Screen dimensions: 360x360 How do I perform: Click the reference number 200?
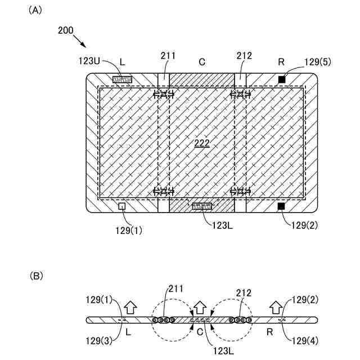coord(65,31)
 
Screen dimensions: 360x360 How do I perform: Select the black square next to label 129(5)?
coord(282,79)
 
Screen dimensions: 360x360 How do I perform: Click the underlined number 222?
coord(201,143)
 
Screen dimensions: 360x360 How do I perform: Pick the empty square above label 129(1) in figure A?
coord(121,206)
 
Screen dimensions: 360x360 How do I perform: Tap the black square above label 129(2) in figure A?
coord(281,206)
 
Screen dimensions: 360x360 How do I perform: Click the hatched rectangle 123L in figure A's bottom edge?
coord(202,206)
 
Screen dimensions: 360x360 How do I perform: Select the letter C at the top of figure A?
coord(202,61)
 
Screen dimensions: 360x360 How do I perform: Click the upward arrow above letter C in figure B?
coord(199,307)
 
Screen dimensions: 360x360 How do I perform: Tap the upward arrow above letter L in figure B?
coord(130,307)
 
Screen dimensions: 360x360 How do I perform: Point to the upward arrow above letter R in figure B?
coord(275,307)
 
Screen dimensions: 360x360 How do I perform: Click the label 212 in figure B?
coord(244,293)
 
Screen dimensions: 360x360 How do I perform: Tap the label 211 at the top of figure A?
coord(168,56)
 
